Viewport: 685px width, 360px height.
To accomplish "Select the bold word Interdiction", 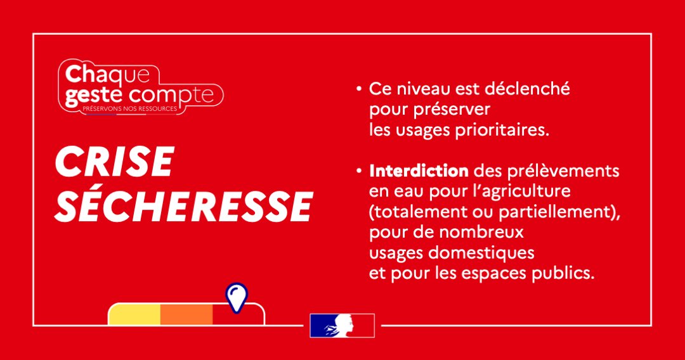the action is tap(419, 170).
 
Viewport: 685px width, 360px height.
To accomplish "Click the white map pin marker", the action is tap(237, 298).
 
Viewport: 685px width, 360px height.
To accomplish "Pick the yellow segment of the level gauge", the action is tap(134, 314).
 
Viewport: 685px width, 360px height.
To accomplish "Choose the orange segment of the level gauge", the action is tap(186, 314).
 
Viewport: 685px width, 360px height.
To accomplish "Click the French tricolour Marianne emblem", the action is tap(342, 326).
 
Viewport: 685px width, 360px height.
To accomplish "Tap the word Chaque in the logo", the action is tap(107, 75).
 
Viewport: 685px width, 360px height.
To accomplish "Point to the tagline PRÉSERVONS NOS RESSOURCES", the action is tap(130, 108).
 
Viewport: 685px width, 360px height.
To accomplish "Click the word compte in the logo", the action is tap(172, 96).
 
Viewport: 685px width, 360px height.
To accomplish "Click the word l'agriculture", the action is tap(521, 191).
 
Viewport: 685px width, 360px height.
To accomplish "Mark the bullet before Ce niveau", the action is tap(359, 89).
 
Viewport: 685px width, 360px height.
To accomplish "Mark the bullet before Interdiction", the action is tap(359, 171).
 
